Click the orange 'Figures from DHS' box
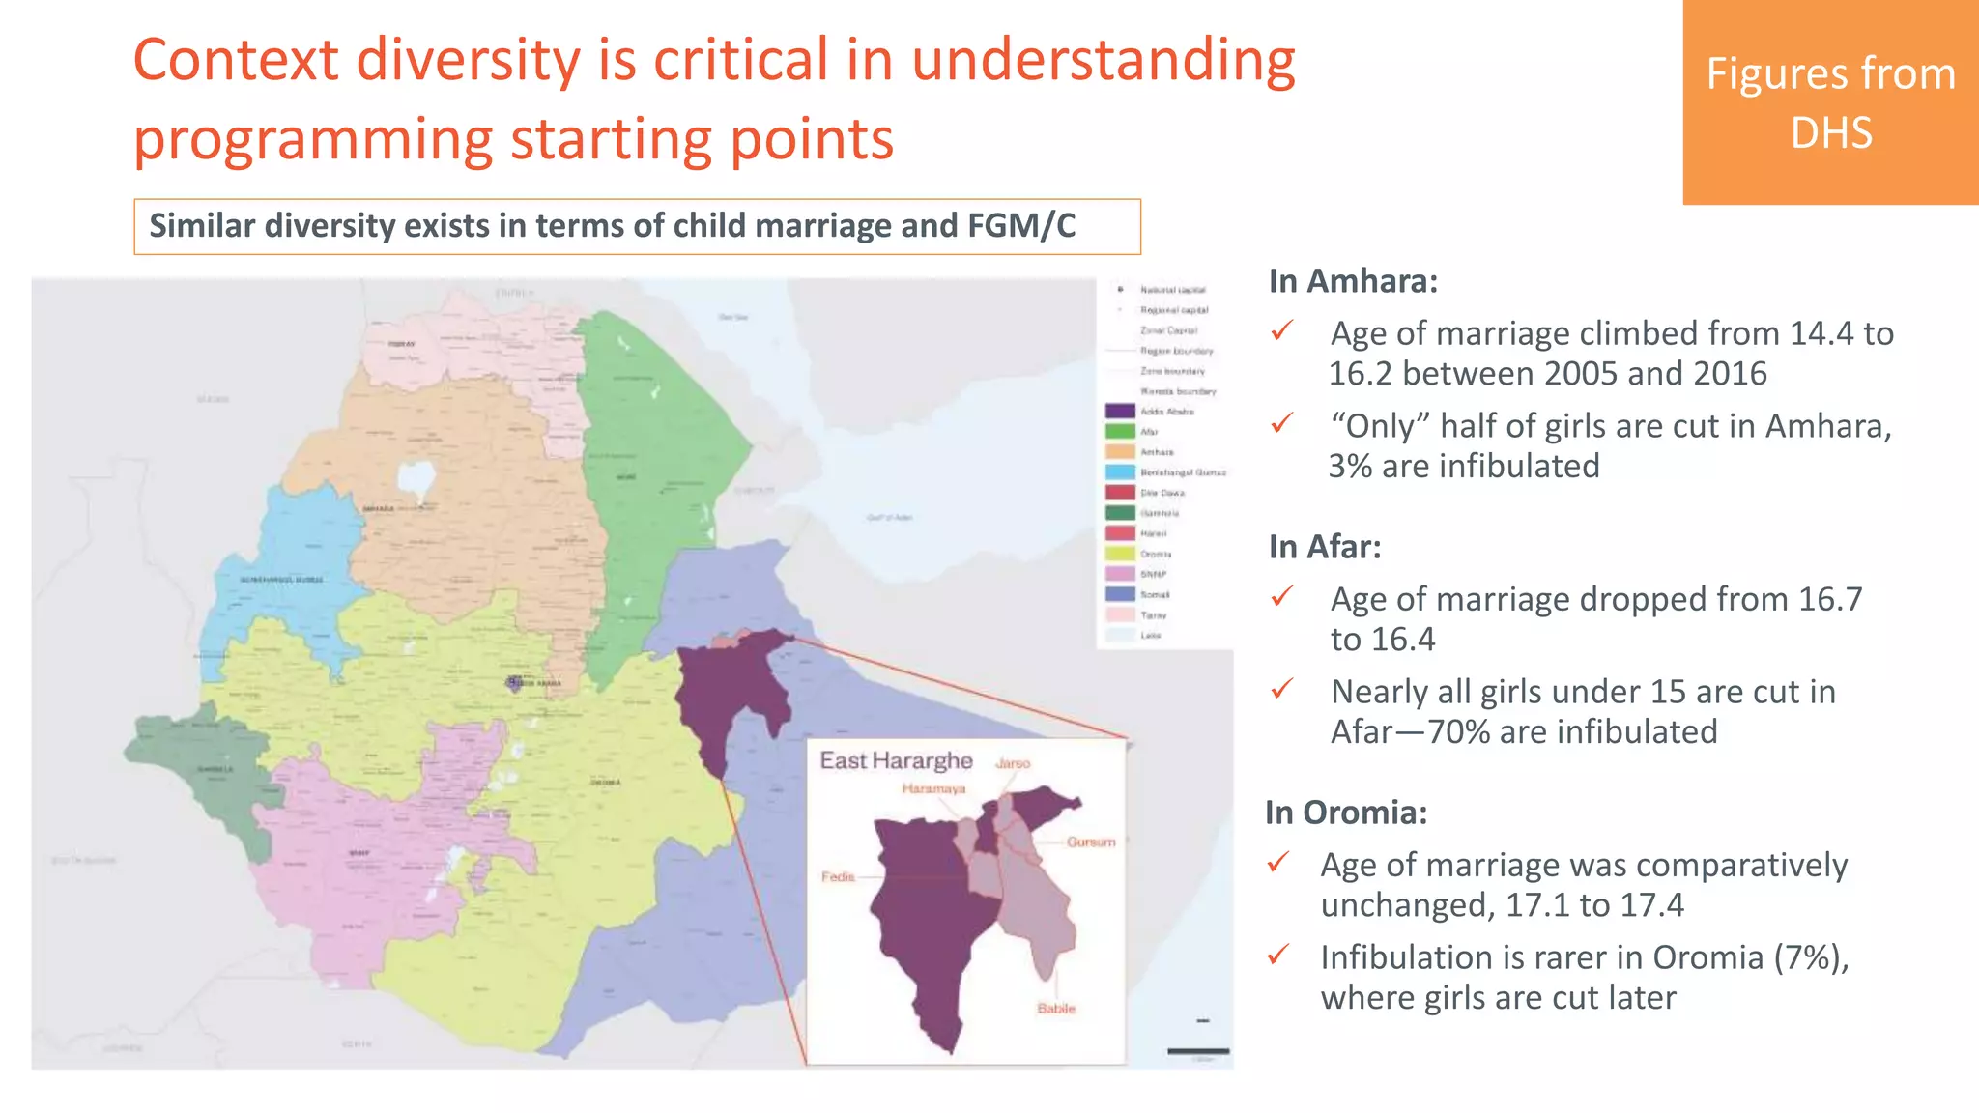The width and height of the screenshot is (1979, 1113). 1830,101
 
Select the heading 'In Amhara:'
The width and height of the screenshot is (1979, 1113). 1353,281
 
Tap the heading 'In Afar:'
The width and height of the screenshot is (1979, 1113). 1325,547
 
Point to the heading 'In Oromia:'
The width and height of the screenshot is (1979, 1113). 1346,813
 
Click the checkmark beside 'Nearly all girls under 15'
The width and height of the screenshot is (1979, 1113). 1282,690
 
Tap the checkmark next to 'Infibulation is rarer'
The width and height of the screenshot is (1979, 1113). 1277,956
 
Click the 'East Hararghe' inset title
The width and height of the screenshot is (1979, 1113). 896,761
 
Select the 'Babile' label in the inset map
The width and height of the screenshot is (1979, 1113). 1056,1009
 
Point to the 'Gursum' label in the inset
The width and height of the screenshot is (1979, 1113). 1091,842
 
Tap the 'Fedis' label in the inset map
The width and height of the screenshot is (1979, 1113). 838,877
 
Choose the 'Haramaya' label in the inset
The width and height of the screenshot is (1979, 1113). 933,789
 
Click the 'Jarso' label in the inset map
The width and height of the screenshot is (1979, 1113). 1013,763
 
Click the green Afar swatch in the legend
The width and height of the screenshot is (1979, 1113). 1120,432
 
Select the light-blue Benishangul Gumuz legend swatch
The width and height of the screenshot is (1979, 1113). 1120,472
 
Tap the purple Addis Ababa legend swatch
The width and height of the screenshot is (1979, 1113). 1120,412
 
